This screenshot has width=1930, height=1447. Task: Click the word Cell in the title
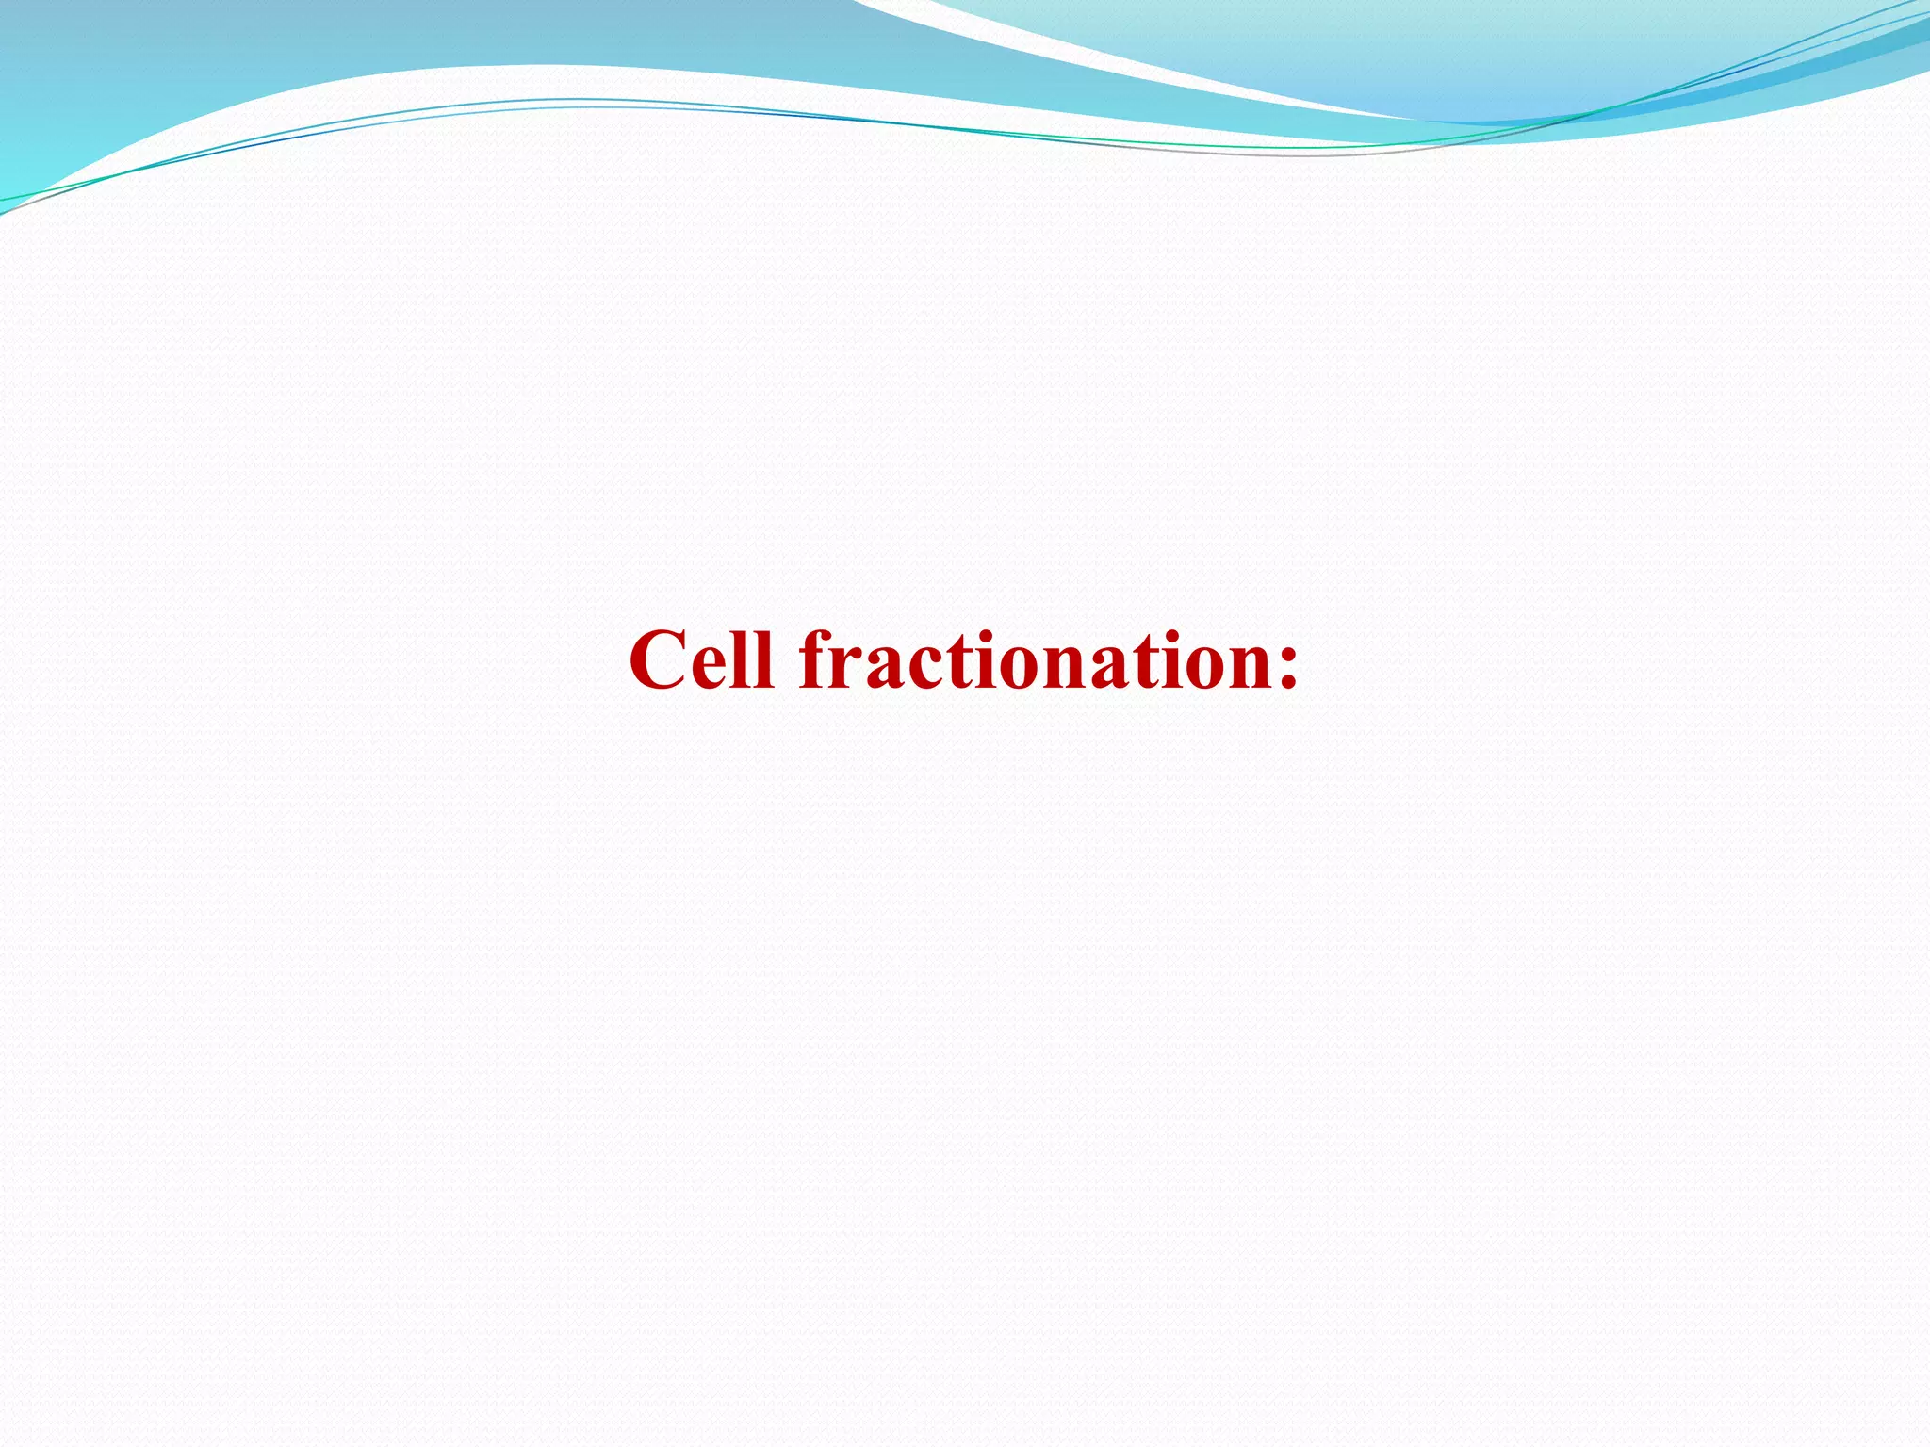click(702, 659)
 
